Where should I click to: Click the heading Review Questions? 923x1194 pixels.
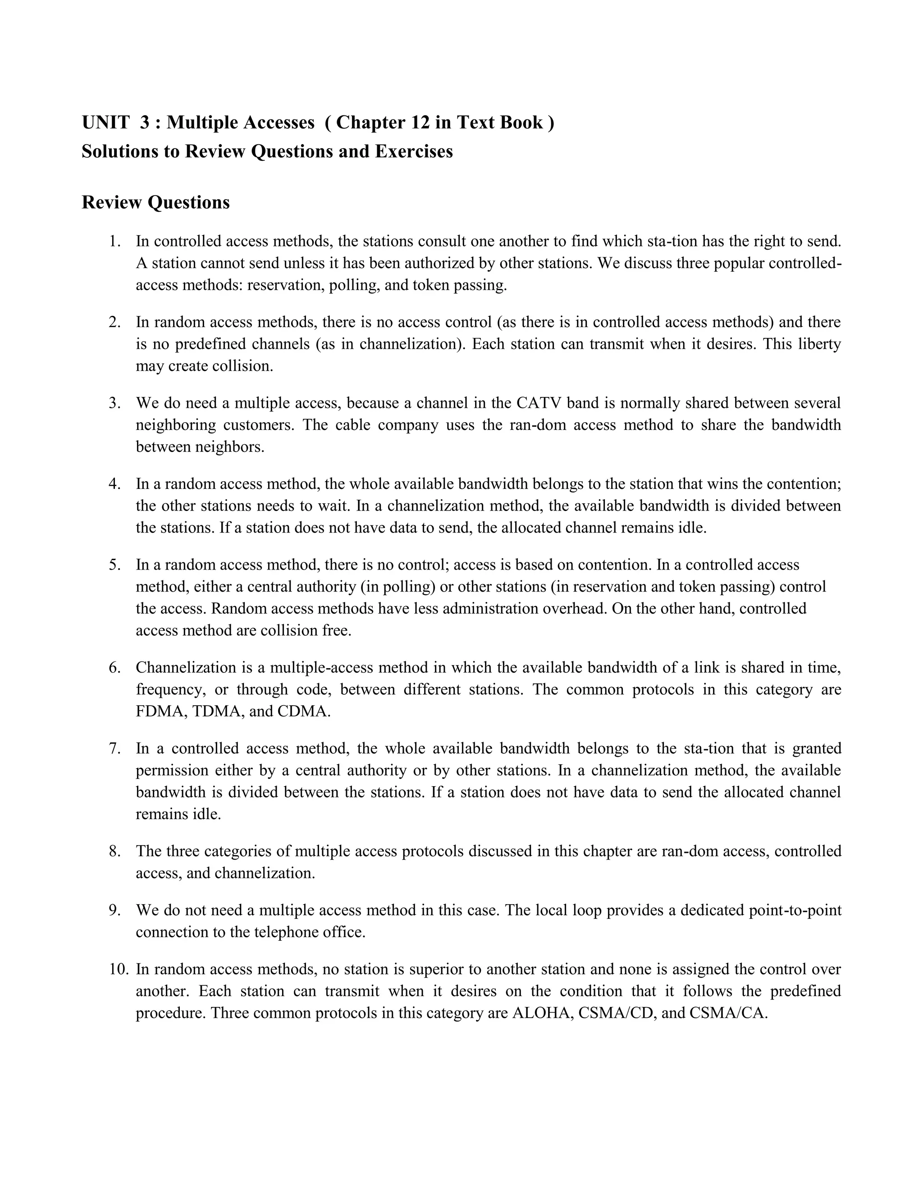tap(155, 202)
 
